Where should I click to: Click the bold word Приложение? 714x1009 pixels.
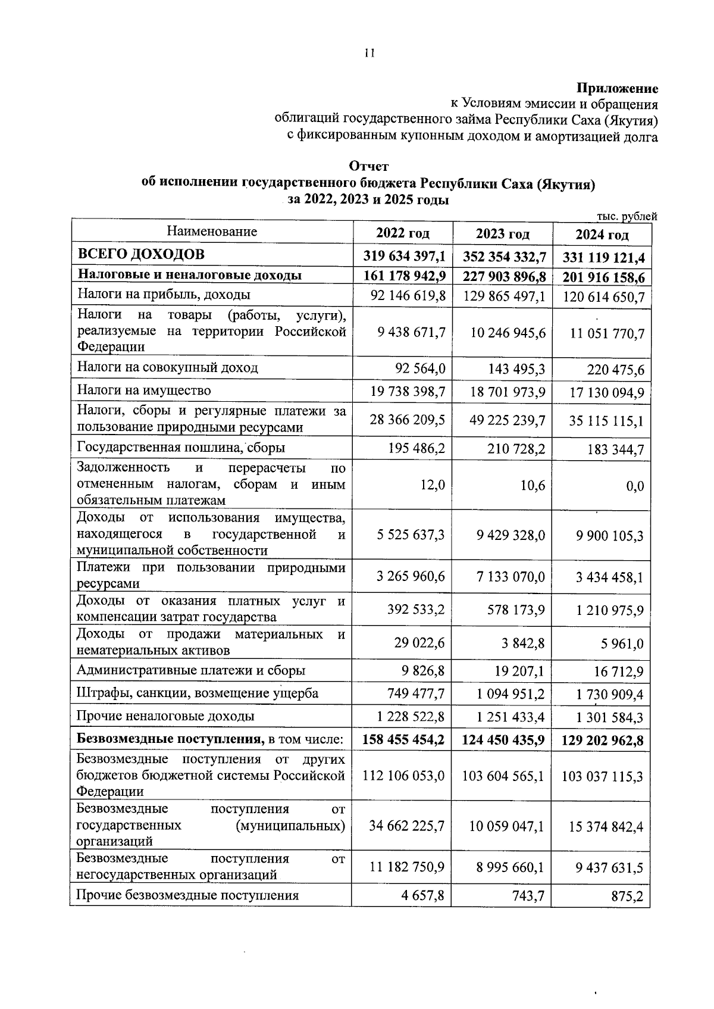click(x=616, y=89)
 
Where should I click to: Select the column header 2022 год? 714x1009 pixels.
click(x=402, y=233)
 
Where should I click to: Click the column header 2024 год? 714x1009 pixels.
click(x=602, y=235)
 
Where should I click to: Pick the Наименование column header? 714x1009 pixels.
click(x=211, y=231)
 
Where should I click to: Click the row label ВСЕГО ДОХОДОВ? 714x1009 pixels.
click(x=142, y=254)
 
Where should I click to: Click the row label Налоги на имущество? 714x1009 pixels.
click(x=144, y=391)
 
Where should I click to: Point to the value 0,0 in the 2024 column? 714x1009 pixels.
click(x=635, y=486)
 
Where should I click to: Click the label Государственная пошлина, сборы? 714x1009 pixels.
click(x=181, y=447)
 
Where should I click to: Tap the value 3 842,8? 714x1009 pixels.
click(x=524, y=643)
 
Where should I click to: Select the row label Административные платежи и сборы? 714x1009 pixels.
click(x=191, y=670)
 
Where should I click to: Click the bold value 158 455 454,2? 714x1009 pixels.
click(x=403, y=741)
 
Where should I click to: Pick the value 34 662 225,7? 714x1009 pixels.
click(x=406, y=826)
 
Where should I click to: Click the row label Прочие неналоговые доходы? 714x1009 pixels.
click(x=166, y=716)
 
